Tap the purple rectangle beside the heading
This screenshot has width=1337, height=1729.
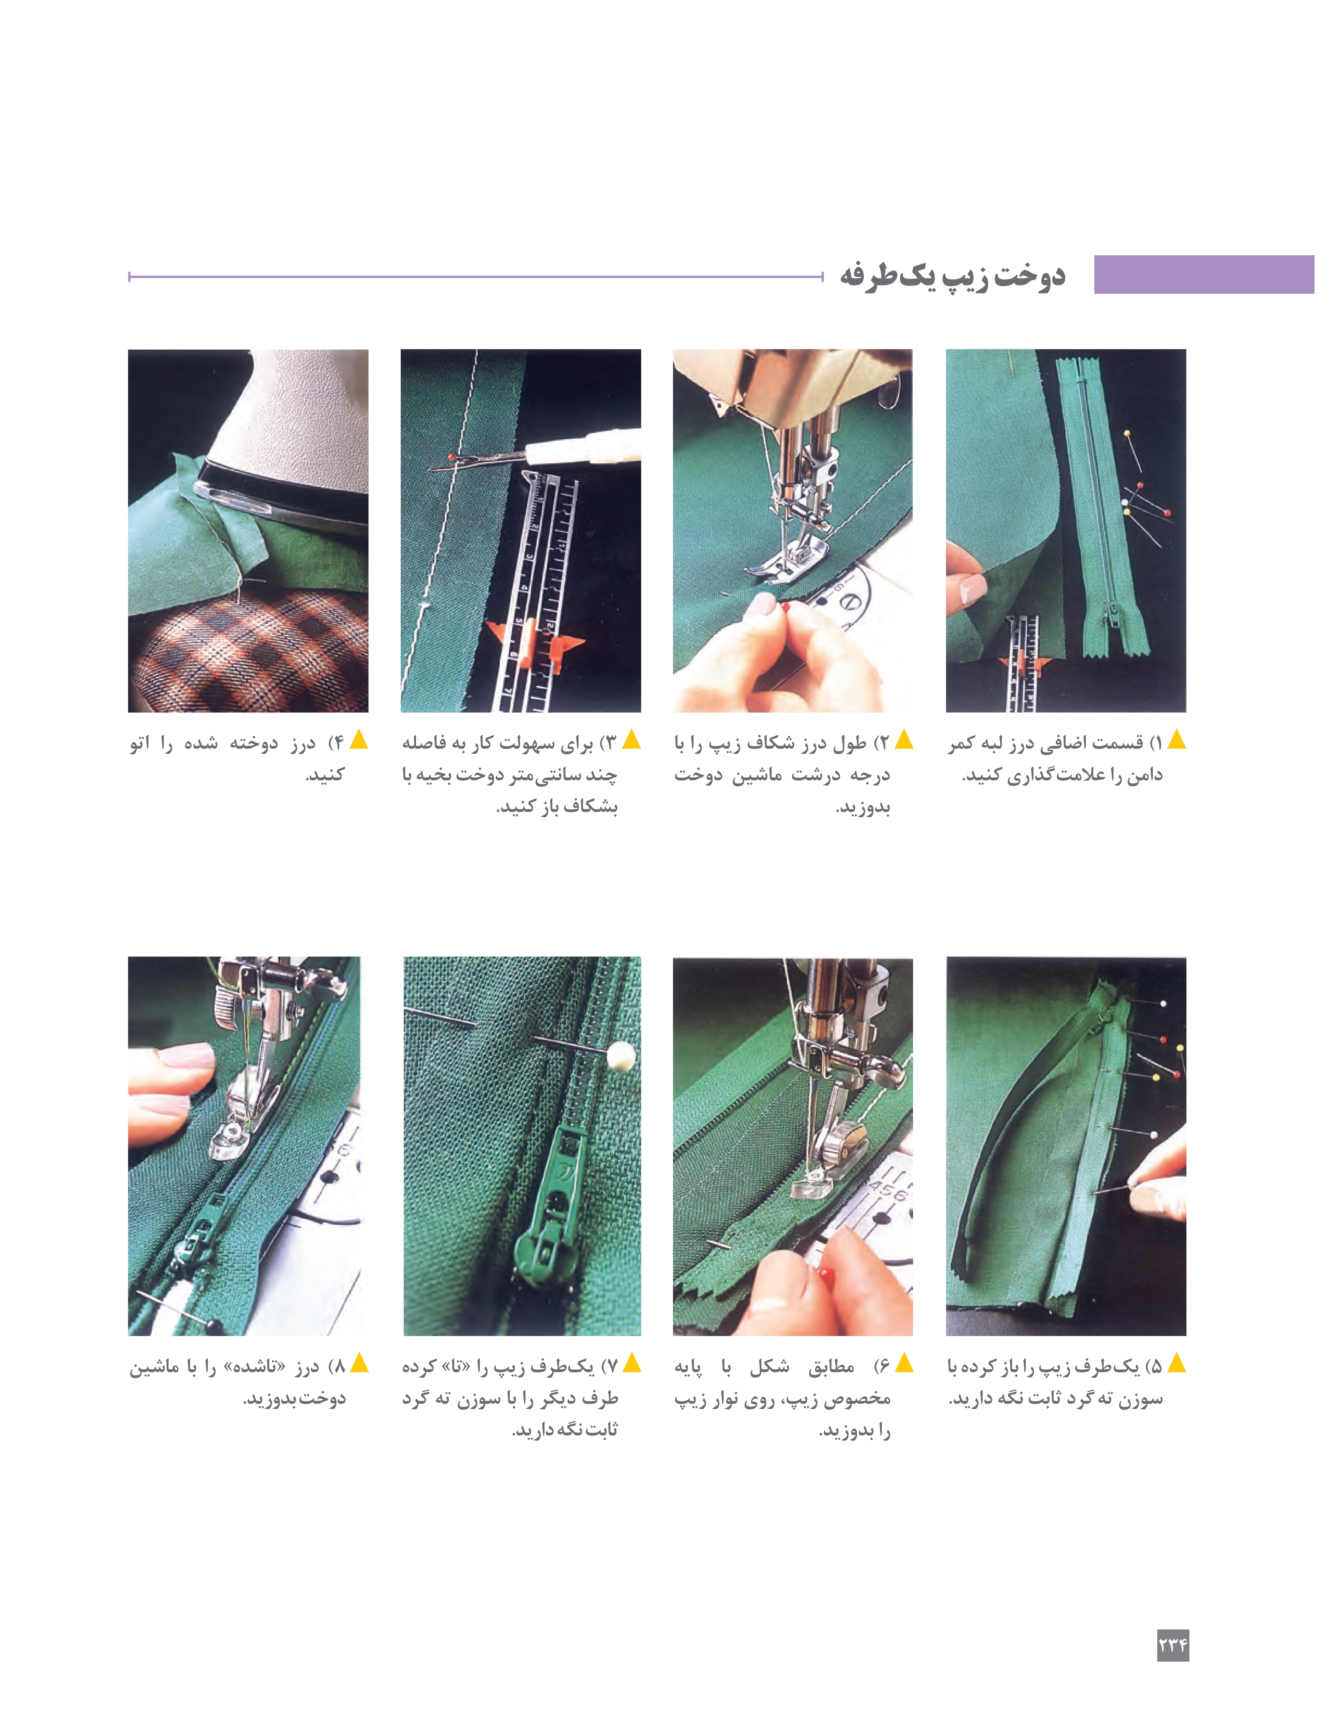coord(1203,275)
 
